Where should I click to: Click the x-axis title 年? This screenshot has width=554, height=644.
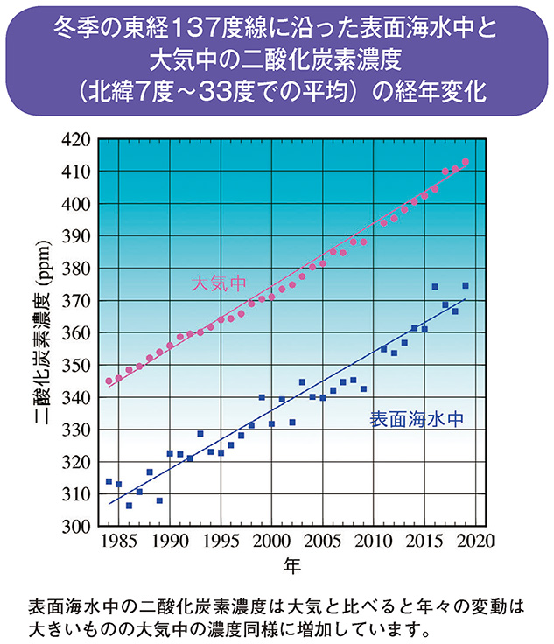[x=292, y=567]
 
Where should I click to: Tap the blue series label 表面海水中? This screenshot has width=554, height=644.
[x=414, y=419]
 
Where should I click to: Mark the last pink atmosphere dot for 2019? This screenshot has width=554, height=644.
[x=466, y=162]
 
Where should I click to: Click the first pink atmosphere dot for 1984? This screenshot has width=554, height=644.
[x=109, y=381]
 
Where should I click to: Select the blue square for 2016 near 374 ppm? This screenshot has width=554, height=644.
[x=435, y=287]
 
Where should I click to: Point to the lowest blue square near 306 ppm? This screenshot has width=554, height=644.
[x=129, y=506]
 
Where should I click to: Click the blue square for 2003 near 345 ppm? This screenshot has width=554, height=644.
[x=302, y=382]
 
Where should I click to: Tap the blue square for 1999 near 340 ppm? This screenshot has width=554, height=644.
[x=262, y=397]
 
